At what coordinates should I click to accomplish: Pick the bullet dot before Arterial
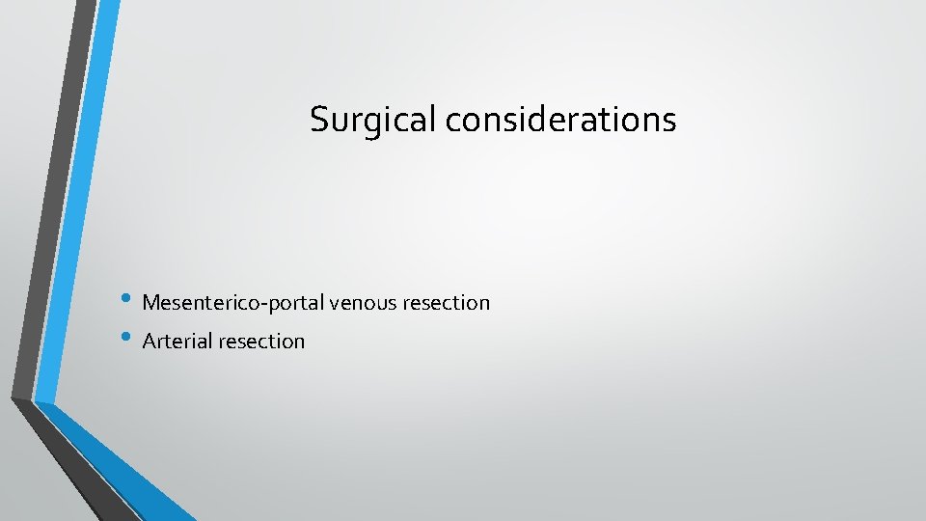coord(128,339)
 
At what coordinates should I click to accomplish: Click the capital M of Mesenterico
coord(150,303)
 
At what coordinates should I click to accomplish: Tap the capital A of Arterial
coord(149,342)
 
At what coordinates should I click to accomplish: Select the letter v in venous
coord(334,305)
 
